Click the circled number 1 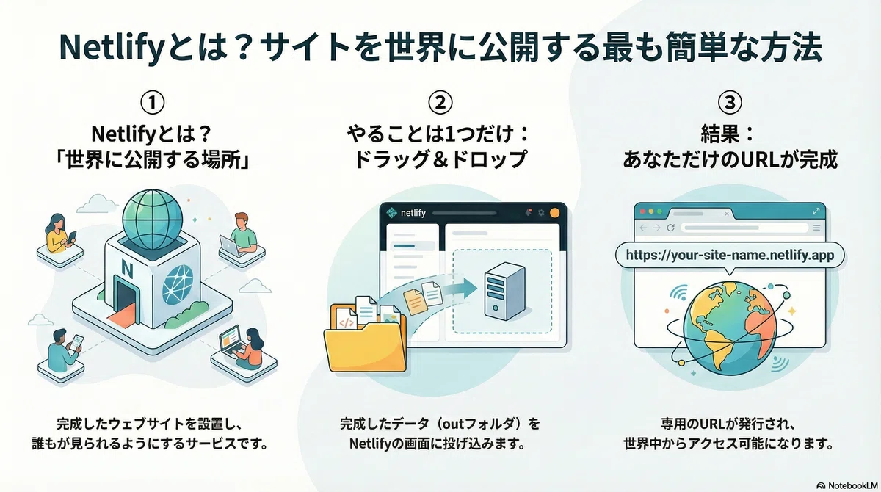(152, 102)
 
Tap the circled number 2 (440, 102)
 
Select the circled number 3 (730, 102)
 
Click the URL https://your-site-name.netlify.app (730, 256)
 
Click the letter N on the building (127, 269)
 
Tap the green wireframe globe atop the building (153, 219)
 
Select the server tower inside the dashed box (504, 291)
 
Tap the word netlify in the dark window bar (413, 213)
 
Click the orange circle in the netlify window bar (554, 213)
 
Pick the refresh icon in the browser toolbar (670, 228)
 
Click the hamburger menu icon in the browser (816, 228)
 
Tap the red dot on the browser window (642, 211)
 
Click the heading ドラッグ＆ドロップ (440, 159)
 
